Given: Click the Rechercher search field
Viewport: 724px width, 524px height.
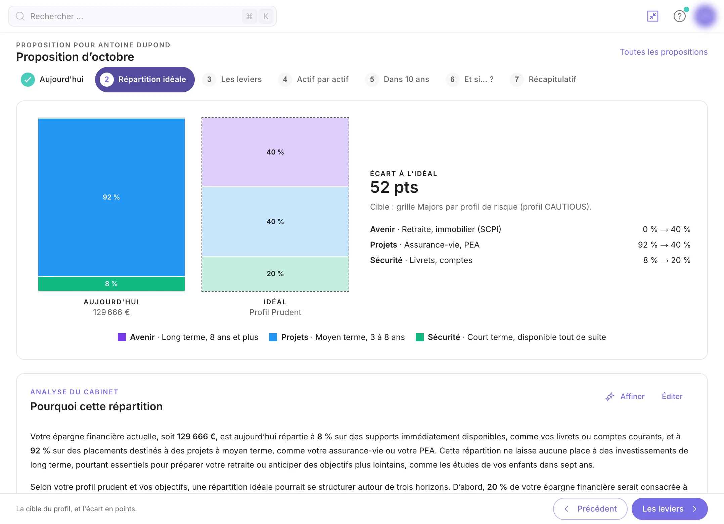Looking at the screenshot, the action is tap(142, 16).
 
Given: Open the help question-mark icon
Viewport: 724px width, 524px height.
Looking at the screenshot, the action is tap(679, 16).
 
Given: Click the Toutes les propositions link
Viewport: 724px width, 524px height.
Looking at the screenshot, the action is tap(664, 52).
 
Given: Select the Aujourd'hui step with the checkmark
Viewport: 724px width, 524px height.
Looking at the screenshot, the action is tap(52, 80).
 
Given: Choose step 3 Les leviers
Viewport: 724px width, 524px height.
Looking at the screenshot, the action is tap(232, 80).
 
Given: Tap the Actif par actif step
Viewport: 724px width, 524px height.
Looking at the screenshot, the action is tap(314, 80).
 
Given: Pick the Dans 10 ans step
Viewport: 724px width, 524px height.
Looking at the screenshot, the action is tap(397, 80).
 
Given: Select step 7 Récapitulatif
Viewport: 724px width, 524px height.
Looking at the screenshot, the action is tap(543, 80).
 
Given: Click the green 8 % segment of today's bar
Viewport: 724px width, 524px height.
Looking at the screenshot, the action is tap(111, 284).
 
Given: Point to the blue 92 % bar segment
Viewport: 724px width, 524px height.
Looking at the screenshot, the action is tap(111, 197).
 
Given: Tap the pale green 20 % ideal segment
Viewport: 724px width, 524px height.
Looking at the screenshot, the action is tap(275, 274).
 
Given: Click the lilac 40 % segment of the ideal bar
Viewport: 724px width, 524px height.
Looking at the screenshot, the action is tap(275, 152).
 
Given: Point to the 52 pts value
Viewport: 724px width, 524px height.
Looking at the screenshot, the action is tap(394, 187).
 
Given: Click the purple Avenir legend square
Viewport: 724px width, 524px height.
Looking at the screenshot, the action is tap(122, 337).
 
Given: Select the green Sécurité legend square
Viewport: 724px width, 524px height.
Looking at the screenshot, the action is tap(420, 337).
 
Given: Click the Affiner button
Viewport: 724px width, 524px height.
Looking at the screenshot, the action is tap(625, 397).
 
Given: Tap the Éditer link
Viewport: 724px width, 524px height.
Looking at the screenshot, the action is tap(672, 397).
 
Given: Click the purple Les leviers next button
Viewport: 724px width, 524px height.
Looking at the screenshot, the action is tap(670, 509).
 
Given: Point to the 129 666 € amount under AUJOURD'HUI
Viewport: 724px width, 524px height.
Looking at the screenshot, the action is tap(111, 312).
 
